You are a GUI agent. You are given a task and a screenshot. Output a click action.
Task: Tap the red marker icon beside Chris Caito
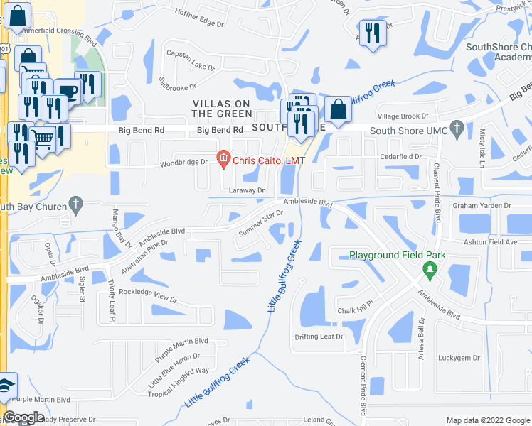tap(223, 160)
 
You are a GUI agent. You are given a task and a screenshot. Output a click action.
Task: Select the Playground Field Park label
tap(396, 255)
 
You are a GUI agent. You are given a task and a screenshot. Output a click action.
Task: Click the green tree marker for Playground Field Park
tap(429, 269)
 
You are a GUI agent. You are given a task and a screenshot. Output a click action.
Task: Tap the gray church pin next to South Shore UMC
tap(457, 131)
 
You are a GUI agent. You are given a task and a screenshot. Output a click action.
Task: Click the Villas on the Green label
tap(223, 109)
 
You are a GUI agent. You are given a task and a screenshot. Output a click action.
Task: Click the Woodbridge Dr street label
tap(184, 162)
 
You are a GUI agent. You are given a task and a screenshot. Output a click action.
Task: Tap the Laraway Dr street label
tap(247, 190)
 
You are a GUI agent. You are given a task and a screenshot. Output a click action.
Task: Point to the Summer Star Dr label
tap(261, 225)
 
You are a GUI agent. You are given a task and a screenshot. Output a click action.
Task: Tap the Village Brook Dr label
tap(403, 116)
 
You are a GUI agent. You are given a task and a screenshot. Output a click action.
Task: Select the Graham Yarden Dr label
tap(482, 206)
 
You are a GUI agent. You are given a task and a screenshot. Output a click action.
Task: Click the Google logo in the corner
tap(24, 418)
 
